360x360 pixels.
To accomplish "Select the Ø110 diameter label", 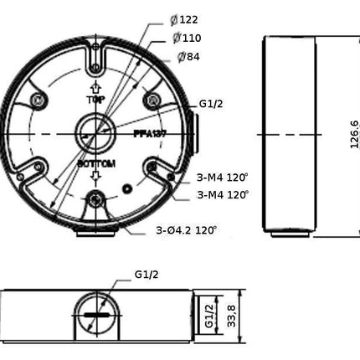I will click(x=188, y=39).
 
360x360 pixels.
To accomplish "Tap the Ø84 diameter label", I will click(x=188, y=57).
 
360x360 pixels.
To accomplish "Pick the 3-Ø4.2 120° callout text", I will click(x=186, y=230).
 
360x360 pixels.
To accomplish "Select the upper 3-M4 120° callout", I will click(x=223, y=177).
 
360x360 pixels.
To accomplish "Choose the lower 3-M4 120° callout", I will click(x=223, y=194).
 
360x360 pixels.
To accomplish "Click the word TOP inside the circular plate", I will click(x=95, y=100).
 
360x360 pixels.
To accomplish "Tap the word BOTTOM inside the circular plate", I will click(x=95, y=163).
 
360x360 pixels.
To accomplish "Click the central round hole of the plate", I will click(x=94, y=131).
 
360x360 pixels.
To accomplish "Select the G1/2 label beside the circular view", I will click(x=211, y=104).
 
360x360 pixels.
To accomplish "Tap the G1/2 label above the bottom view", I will click(x=146, y=274).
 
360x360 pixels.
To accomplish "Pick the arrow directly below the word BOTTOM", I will click(x=95, y=177).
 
